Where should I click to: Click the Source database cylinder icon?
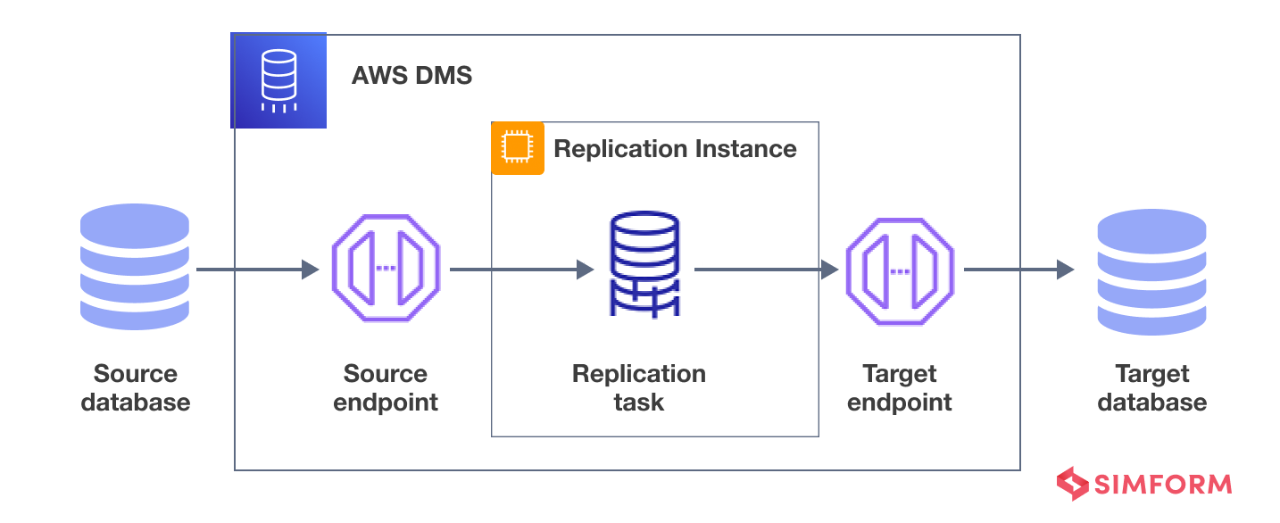point(135,268)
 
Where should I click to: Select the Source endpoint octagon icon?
point(386,269)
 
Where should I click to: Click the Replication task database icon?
point(644,264)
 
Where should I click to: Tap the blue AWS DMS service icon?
point(278,80)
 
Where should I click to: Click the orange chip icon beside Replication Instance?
point(517,148)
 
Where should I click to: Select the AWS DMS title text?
point(411,76)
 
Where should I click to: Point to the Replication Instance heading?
point(675,148)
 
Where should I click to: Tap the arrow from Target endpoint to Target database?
point(1018,269)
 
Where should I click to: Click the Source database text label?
point(136,387)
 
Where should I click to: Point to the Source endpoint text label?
point(386,387)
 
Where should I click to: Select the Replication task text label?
point(639,387)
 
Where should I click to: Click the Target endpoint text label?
point(900,387)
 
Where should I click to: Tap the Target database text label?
point(1152,387)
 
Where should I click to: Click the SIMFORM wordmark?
point(1163,485)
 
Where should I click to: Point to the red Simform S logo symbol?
point(1073,484)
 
